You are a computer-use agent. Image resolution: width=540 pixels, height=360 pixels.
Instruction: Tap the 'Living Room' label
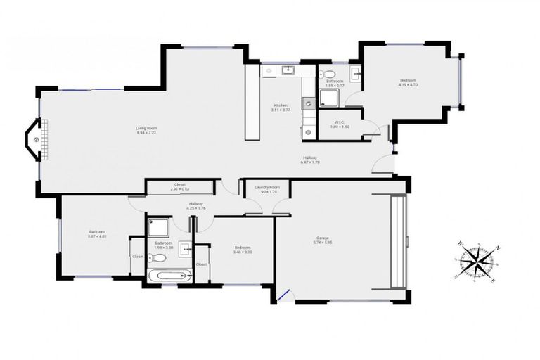[146, 128]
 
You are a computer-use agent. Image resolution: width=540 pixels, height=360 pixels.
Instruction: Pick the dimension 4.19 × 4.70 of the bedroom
[408, 85]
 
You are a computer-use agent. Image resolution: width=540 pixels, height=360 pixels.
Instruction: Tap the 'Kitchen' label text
[281, 105]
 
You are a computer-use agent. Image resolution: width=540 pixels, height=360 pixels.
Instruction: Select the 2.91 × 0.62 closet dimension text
[180, 189]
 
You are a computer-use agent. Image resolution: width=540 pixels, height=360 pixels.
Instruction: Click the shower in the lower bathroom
[158, 228]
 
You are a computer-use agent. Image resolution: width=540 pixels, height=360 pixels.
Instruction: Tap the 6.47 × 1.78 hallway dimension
[310, 162]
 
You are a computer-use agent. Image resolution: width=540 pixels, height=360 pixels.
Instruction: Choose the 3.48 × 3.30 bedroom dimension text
[243, 252]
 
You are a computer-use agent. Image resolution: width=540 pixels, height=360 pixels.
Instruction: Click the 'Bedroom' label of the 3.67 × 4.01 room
[96, 232]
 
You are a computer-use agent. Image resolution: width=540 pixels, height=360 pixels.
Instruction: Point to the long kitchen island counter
[252, 103]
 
